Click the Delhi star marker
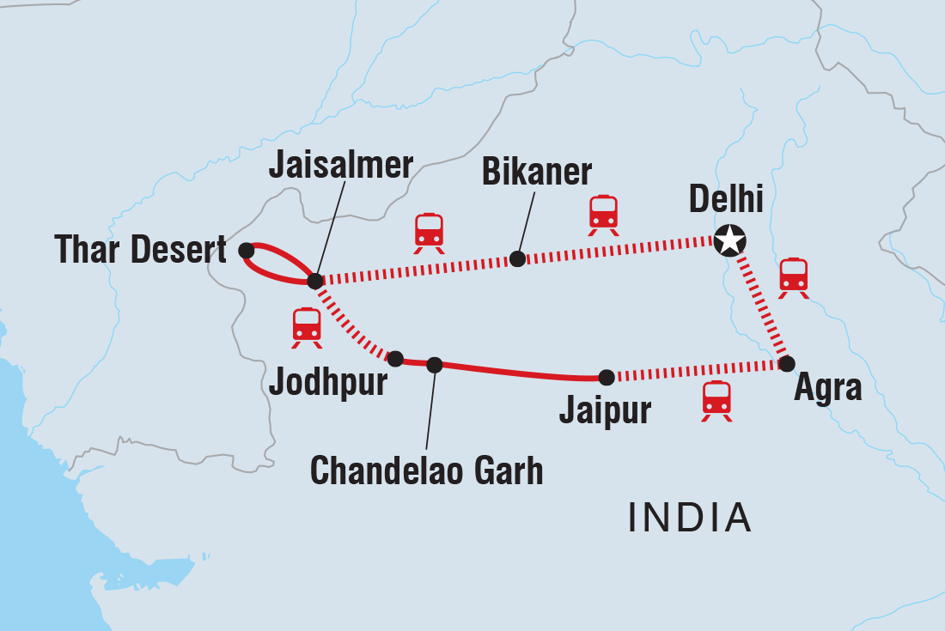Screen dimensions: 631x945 pyautogui.click(x=729, y=240)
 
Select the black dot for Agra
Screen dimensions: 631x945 pyautogui.click(x=786, y=363)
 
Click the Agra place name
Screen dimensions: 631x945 pyautogui.click(x=827, y=389)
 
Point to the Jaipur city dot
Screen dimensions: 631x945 pyautogui.click(x=607, y=376)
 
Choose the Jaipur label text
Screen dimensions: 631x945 pyautogui.click(x=605, y=410)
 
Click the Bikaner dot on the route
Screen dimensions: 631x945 pyautogui.click(x=516, y=258)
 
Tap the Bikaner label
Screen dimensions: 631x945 pyautogui.click(x=537, y=172)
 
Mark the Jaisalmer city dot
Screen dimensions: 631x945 pyautogui.click(x=315, y=281)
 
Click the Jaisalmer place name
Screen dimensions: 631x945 pyautogui.click(x=341, y=166)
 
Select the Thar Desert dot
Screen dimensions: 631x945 pyautogui.click(x=246, y=250)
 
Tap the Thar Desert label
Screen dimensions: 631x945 pyautogui.click(x=141, y=251)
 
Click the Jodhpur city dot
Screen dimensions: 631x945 pyautogui.click(x=395, y=358)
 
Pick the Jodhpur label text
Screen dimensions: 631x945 pyautogui.click(x=328, y=384)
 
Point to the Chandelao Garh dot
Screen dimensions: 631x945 pyautogui.click(x=435, y=365)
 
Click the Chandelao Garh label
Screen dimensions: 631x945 pyautogui.click(x=426, y=470)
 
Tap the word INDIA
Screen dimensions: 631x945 pyautogui.click(x=690, y=518)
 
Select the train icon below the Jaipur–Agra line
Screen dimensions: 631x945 pyautogui.click(x=716, y=400)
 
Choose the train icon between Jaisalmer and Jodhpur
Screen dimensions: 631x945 pyautogui.click(x=307, y=327)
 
